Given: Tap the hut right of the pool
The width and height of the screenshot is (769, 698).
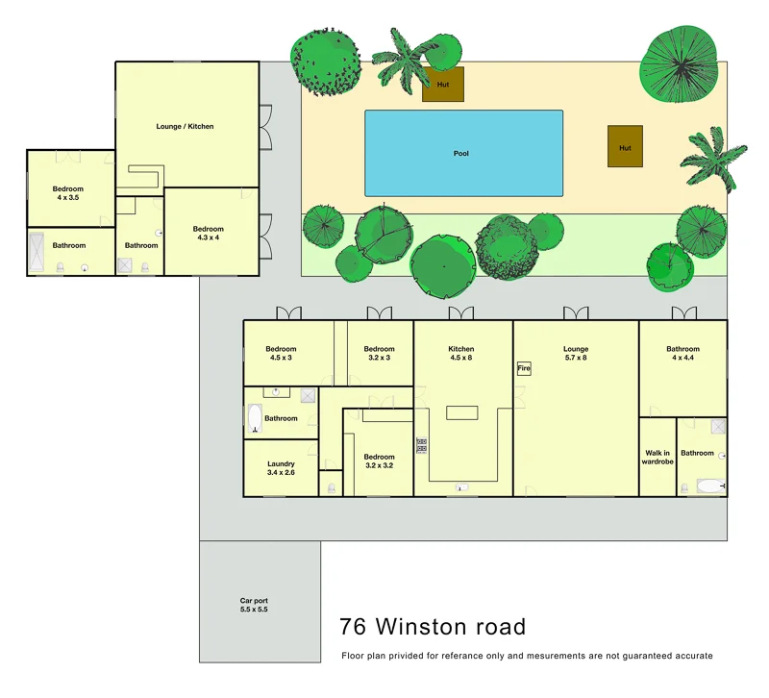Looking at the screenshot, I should [625, 147].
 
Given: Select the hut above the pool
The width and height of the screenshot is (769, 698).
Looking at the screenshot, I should [443, 84].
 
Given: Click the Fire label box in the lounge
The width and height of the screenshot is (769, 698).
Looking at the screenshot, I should [524, 368].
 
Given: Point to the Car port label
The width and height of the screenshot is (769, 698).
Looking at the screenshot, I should [254, 606].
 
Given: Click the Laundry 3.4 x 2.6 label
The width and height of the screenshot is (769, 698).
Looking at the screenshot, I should [281, 468].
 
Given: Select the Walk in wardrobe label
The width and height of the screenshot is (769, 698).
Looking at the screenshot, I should [657, 458].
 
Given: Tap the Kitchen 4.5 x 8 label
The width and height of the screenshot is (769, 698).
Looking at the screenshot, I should [461, 354].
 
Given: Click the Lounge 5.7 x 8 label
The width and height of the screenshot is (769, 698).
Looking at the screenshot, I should [576, 354].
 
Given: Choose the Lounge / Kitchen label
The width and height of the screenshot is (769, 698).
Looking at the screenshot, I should [185, 127].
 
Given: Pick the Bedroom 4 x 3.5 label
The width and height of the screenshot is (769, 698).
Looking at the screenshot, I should [68, 193].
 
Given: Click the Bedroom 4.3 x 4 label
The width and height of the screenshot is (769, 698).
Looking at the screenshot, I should [209, 234].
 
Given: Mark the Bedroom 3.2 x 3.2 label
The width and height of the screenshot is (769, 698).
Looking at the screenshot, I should [379, 462].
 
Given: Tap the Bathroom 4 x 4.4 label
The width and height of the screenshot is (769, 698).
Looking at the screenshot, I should [682, 354].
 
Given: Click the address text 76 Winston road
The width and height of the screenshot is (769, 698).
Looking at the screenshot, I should [433, 628].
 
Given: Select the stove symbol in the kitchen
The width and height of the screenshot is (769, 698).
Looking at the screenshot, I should [421, 445].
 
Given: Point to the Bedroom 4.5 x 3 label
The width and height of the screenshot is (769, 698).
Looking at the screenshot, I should [281, 354].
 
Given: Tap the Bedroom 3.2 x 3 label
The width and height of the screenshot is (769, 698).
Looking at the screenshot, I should [379, 354].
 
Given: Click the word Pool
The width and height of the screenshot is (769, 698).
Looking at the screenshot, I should [461, 154].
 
